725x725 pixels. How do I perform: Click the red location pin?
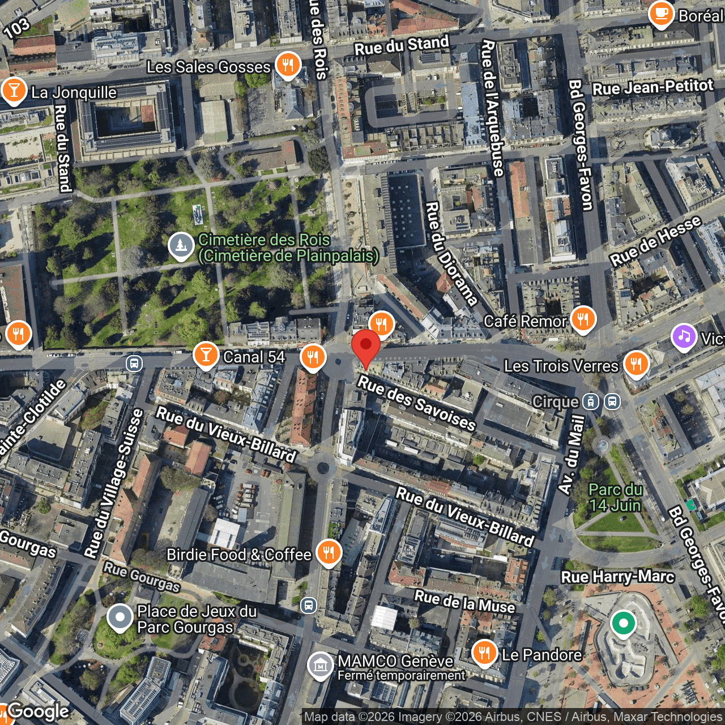[366, 346]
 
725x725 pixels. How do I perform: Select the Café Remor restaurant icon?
[583, 319]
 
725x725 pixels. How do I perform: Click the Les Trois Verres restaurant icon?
[636, 364]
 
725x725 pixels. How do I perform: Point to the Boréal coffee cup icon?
[661, 15]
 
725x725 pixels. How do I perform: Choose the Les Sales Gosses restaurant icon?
[288, 65]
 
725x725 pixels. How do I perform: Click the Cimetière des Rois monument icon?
[181, 246]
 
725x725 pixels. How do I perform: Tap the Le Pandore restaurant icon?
[484, 653]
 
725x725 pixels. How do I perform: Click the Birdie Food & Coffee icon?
[329, 553]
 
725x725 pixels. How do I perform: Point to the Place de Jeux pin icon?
[120, 618]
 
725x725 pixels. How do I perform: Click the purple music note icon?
[684, 337]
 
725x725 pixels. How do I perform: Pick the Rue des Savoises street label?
[416, 403]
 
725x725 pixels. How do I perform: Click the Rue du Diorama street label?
[451, 253]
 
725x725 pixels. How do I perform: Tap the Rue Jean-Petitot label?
[652, 87]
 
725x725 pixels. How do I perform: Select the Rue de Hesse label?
[655, 241]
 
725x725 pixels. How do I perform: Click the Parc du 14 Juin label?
[615, 497]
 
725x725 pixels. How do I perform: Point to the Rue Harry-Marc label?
[617, 577]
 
